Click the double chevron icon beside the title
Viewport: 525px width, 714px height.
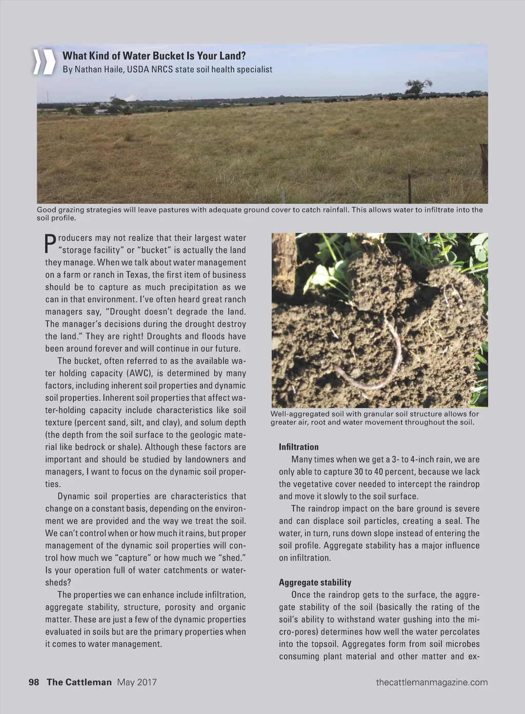tap(44, 62)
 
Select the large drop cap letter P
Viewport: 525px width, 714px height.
tap(50, 244)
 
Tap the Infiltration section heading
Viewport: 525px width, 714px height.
tap(298, 447)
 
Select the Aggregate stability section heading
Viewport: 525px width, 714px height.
tap(315, 582)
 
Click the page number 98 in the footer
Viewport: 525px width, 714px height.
tap(34, 682)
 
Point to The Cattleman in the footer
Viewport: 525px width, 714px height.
tap(79, 682)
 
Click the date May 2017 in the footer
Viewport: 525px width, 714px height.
tap(137, 682)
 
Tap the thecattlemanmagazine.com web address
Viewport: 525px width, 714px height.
tap(432, 682)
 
